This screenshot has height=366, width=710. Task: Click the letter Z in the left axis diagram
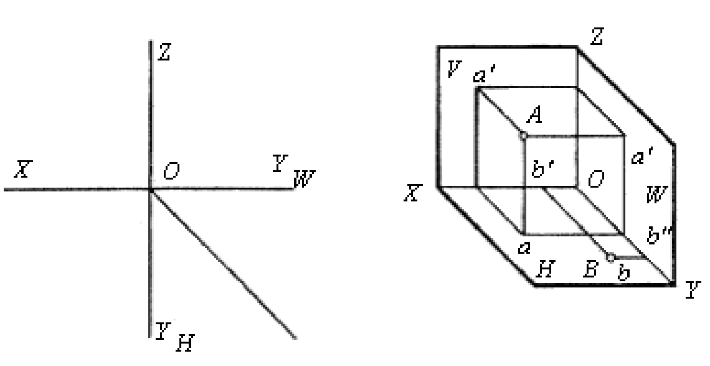[163, 52]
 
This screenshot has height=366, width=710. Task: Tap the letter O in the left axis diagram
[171, 172]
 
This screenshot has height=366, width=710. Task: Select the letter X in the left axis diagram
[22, 169]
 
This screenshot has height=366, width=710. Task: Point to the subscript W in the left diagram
[304, 179]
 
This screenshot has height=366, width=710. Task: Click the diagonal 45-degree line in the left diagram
[223, 264]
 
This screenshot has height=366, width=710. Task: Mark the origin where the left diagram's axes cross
[150, 190]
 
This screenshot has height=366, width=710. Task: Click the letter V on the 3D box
[453, 69]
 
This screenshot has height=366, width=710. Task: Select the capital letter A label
[535, 115]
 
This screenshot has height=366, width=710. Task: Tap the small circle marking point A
[523, 135]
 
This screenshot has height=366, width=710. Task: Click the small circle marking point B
[610, 258]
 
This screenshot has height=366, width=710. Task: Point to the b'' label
[659, 236]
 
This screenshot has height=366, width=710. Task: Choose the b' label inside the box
[542, 171]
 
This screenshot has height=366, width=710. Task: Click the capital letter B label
[591, 269]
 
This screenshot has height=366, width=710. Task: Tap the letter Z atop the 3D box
[597, 37]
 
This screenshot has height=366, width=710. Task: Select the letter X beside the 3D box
[412, 194]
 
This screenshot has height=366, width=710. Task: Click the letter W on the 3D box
[656, 196]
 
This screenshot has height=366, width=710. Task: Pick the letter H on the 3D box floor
[545, 270]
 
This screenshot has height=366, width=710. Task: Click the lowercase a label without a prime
[524, 248]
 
